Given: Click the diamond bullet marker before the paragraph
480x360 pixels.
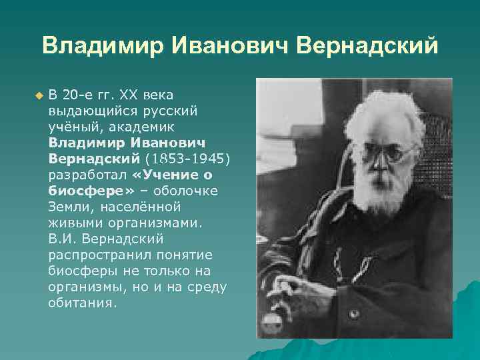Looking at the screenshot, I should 38,96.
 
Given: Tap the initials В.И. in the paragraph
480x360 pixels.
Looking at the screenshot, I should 61,239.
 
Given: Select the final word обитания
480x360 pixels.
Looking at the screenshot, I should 82,303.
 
